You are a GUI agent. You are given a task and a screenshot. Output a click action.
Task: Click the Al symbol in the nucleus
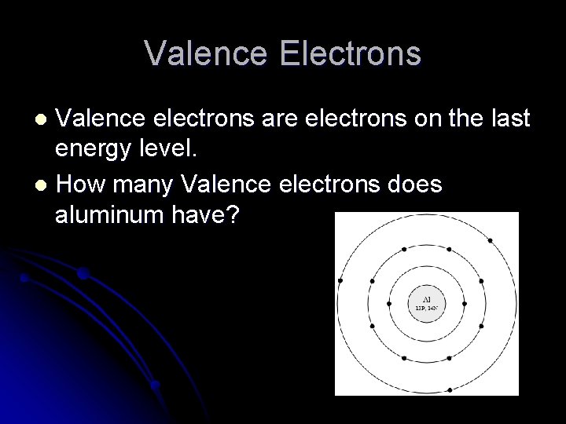[427, 299]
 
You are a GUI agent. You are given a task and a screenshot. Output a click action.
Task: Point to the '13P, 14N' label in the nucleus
[427, 309]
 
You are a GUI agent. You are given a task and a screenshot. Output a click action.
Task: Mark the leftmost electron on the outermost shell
[340, 280]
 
